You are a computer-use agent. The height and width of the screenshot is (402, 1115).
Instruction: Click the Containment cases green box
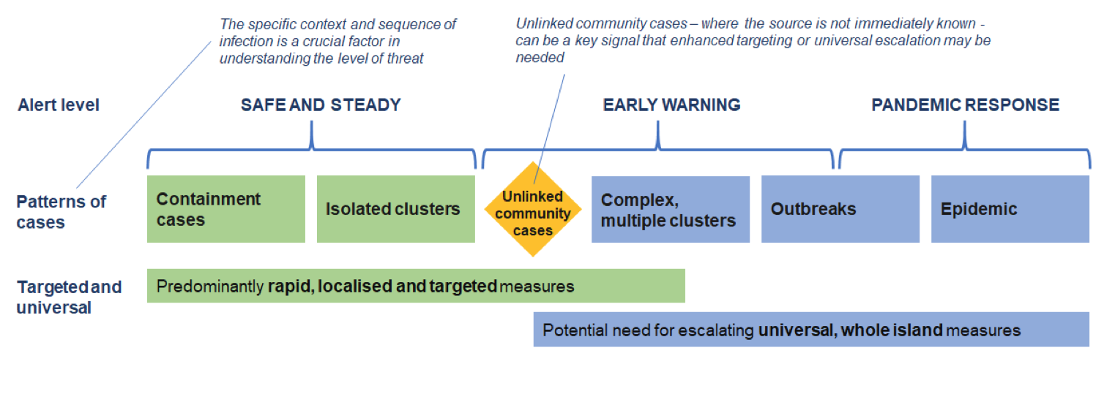[x=226, y=209]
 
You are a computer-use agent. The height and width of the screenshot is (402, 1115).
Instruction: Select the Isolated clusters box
[x=396, y=209]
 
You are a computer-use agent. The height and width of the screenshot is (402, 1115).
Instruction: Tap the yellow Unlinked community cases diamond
[x=533, y=209]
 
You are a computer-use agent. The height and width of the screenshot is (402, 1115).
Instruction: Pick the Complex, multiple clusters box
[x=671, y=209]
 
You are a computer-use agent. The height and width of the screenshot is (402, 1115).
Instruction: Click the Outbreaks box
[x=840, y=209]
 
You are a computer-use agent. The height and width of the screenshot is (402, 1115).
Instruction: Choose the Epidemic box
[x=1010, y=209]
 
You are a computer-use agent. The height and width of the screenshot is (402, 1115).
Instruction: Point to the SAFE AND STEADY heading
[x=321, y=105]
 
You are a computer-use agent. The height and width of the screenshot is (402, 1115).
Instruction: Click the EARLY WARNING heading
[x=671, y=105]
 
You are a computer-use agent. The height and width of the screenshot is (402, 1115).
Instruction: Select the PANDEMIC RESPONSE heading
[x=965, y=105]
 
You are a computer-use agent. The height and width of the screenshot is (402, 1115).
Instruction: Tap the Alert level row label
[x=59, y=105]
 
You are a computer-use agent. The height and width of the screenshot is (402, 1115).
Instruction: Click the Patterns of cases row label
[x=61, y=212]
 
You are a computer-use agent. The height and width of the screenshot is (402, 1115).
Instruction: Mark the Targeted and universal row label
[x=70, y=297]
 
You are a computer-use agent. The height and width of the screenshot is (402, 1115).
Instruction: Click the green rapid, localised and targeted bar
[x=416, y=286]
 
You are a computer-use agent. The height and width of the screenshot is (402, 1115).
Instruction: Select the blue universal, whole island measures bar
[x=811, y=330]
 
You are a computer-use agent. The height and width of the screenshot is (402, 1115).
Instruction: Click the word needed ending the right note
[x=540, y=58]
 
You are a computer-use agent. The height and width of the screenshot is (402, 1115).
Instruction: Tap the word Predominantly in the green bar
[x=209, y=287]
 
